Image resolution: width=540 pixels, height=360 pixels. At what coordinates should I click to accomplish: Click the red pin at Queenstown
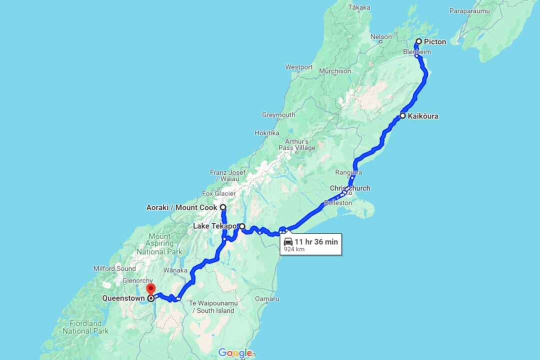150,289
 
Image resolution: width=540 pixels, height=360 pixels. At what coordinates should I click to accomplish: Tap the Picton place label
435,41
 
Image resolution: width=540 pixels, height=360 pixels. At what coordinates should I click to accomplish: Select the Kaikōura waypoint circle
402,116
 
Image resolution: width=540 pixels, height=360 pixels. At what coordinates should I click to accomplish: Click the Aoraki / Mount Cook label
181,207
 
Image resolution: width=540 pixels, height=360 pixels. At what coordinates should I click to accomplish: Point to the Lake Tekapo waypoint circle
242,226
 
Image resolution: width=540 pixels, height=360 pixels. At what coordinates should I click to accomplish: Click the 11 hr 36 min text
316,242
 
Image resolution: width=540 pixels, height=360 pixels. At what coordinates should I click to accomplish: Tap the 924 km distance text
294,249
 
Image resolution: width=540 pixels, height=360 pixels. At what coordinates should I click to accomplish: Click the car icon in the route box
288,242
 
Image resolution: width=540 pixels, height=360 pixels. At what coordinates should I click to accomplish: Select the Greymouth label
278,115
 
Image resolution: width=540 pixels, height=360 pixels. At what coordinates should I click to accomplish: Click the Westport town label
299,67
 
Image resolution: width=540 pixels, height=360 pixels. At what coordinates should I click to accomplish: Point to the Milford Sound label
114,268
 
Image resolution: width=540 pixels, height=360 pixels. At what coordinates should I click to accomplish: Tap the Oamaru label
267,298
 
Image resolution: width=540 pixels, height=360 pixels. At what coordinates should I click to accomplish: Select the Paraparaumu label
471,10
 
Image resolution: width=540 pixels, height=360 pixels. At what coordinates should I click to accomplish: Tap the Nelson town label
380,36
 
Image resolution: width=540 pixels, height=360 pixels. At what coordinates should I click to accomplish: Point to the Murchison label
335,71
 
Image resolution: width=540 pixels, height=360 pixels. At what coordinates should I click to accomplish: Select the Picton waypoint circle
419,41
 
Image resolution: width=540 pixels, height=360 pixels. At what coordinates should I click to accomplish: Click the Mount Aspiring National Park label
159,244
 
